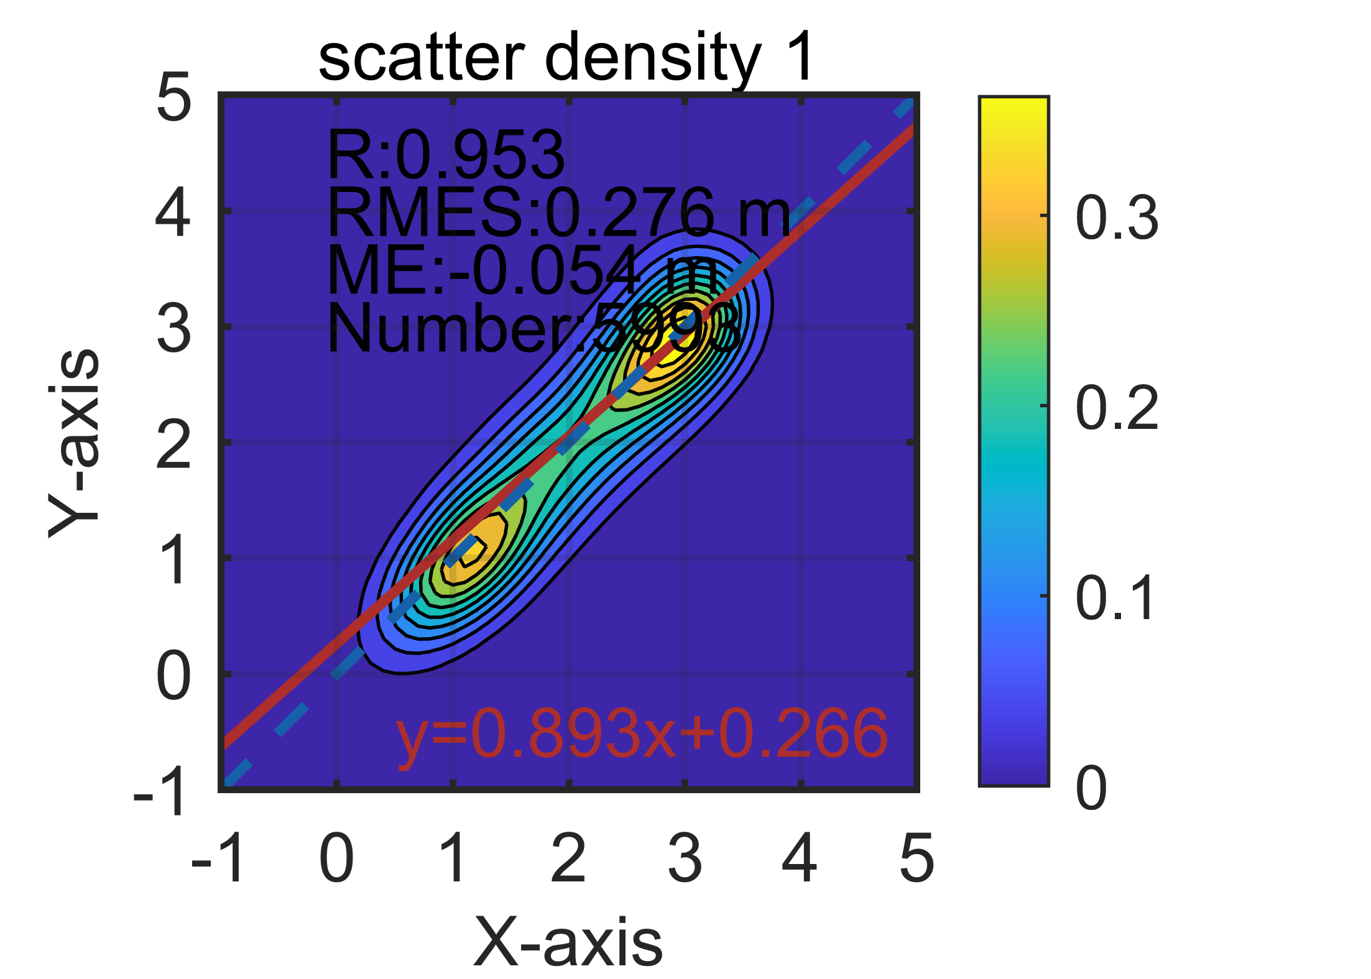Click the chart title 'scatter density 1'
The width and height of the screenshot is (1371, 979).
tap(566, 57)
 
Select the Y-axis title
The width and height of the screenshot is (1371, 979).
tap(73, 443)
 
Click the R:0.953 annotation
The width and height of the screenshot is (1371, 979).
tap(445, 155)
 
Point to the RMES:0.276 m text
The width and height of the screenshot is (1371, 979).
tap(558, 213)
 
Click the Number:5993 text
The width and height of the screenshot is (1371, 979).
tap(533, 328)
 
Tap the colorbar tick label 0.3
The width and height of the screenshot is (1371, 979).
tap(1117, 218)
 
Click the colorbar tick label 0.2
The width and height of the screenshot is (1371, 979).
tap(1117, 408)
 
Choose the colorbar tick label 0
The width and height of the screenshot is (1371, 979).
tap(1091, 788)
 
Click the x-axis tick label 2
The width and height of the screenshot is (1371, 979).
tap(568, 858)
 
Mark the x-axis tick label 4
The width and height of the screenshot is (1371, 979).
tap(800, 858)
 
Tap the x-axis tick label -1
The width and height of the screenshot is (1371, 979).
tap(218, 858)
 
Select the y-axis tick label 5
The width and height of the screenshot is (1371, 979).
tap(173, 98)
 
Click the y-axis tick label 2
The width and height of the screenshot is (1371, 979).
tap(173, 445)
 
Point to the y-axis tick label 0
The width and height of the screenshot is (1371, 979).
tap(173, 676)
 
